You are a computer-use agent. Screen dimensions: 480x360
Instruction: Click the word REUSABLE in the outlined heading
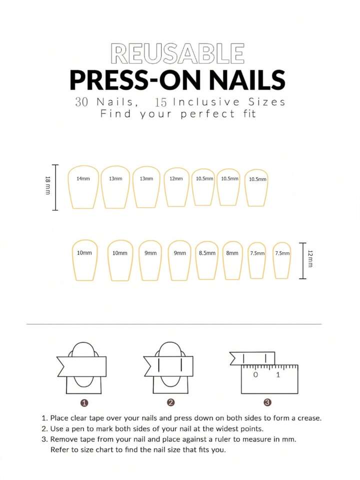[178, 54]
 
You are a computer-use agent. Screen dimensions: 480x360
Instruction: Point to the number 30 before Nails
[82, 102]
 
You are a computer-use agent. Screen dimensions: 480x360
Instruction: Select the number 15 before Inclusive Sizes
[161, 102]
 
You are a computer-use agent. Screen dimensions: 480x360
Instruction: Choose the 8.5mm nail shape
[207, 260]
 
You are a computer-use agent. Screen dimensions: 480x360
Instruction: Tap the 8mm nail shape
[232, 260]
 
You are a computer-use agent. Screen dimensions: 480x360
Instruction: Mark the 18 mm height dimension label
[48, 186]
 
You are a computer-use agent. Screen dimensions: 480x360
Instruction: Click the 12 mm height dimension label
[310, 259]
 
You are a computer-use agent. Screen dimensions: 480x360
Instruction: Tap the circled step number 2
[170, 402]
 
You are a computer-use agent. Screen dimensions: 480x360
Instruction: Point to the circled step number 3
[267, 402]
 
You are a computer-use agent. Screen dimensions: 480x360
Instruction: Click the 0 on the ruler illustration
[255, 374]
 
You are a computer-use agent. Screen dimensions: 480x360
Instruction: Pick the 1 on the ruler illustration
[278, 374]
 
